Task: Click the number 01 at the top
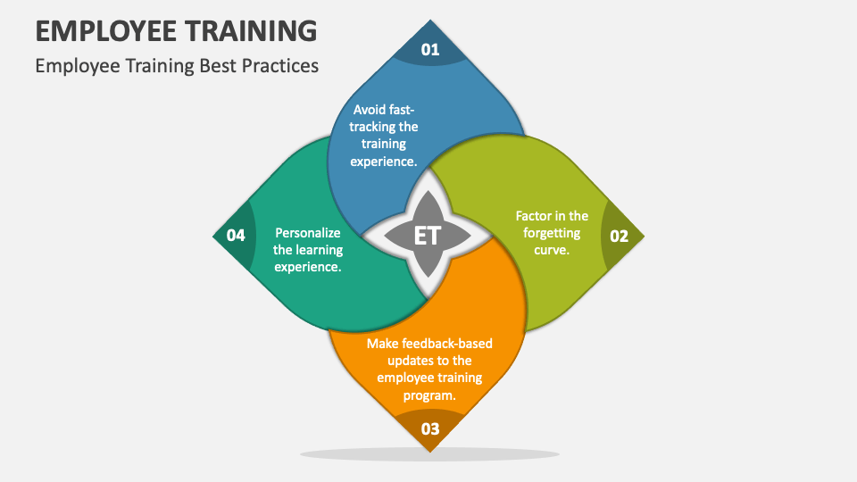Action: pos(430,49)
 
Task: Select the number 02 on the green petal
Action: pos(619,237)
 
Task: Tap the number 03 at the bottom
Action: pos(430,428)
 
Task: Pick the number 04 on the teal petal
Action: pos(236,236)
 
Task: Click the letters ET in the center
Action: pos(428,237)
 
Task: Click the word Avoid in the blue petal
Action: pos(369,110)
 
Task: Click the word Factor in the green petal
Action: pos(534,216)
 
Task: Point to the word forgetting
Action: pos(552,233)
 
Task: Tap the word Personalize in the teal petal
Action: pos(308,233)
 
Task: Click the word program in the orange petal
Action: pos(429,395)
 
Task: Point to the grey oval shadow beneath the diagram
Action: pos(429,453)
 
